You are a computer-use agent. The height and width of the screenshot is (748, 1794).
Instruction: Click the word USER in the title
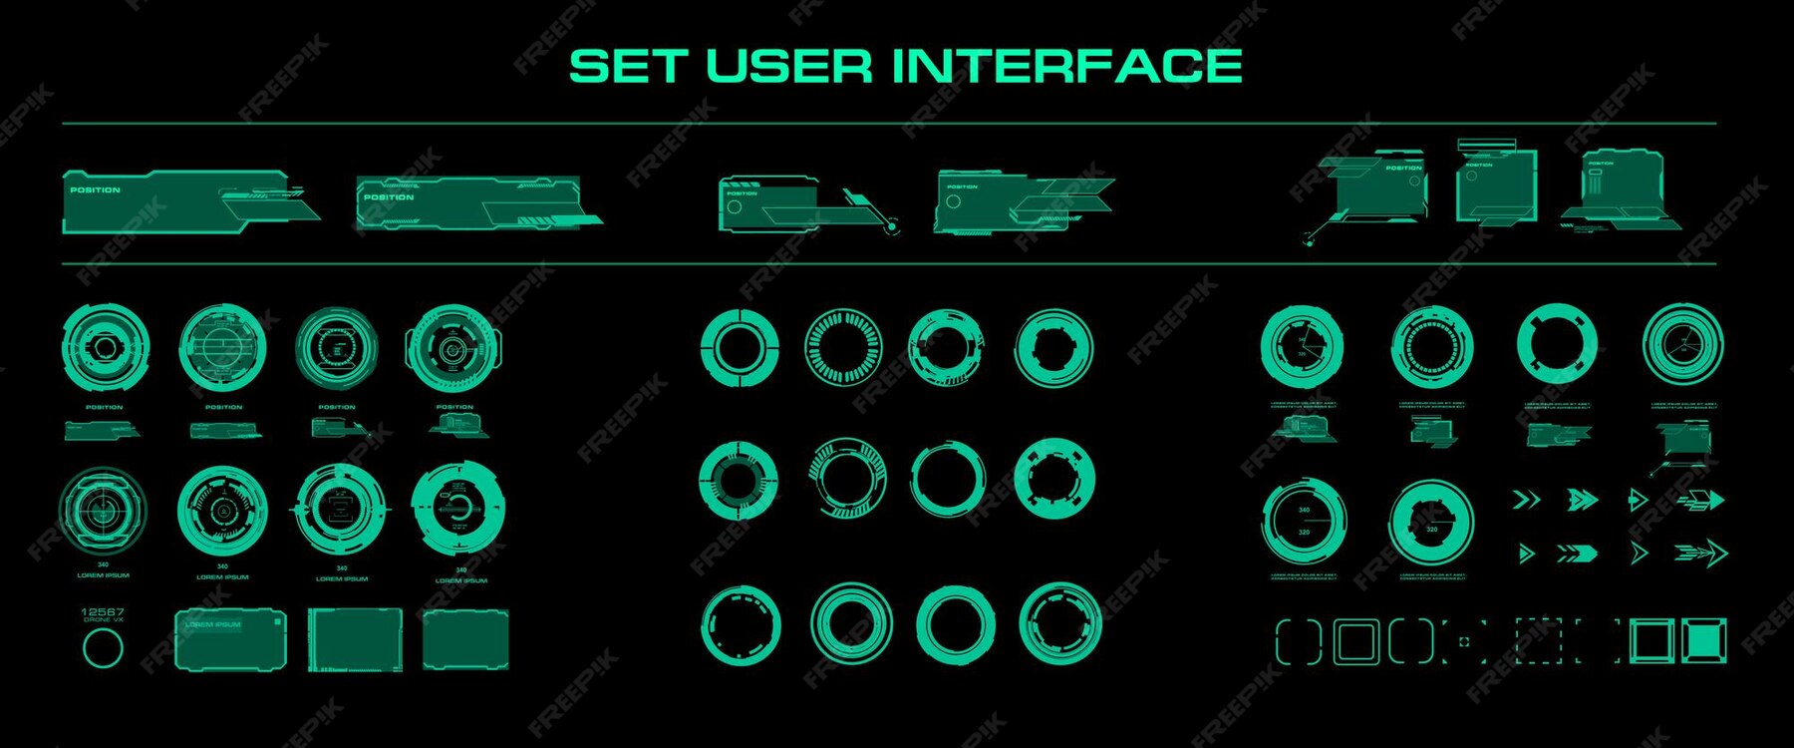[x=788, y=67]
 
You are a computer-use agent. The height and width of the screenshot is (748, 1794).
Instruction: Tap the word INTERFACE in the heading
[x=1066, y=67]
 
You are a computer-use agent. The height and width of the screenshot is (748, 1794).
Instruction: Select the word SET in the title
[x=628, y=67]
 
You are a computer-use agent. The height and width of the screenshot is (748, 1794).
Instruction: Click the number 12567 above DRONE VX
[x=103, y=611]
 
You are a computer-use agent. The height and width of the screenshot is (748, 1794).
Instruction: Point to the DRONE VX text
[x=103, y=620]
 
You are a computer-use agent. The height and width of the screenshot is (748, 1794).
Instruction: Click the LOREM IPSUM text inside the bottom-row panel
[x=212, y=625]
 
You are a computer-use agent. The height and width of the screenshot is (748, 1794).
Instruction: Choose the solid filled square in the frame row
[x=1704, y=640]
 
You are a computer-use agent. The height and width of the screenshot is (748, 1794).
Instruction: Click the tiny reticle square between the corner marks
[x=1463, y=641]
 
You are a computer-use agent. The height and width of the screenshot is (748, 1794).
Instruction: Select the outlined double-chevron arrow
[x=1526, y=500]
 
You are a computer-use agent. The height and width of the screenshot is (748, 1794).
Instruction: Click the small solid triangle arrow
[x=1526, y=553]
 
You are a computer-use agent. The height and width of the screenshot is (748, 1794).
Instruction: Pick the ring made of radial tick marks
[x=843, y=347]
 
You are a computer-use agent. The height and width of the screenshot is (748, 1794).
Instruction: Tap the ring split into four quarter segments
[x=739, y=347]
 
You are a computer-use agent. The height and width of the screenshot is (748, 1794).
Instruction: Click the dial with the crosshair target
[x=103, y=509]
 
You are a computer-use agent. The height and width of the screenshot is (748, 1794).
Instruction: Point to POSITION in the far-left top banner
[x=95, y=189]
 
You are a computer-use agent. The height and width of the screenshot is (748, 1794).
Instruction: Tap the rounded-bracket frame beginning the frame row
[x=1298, y=640]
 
